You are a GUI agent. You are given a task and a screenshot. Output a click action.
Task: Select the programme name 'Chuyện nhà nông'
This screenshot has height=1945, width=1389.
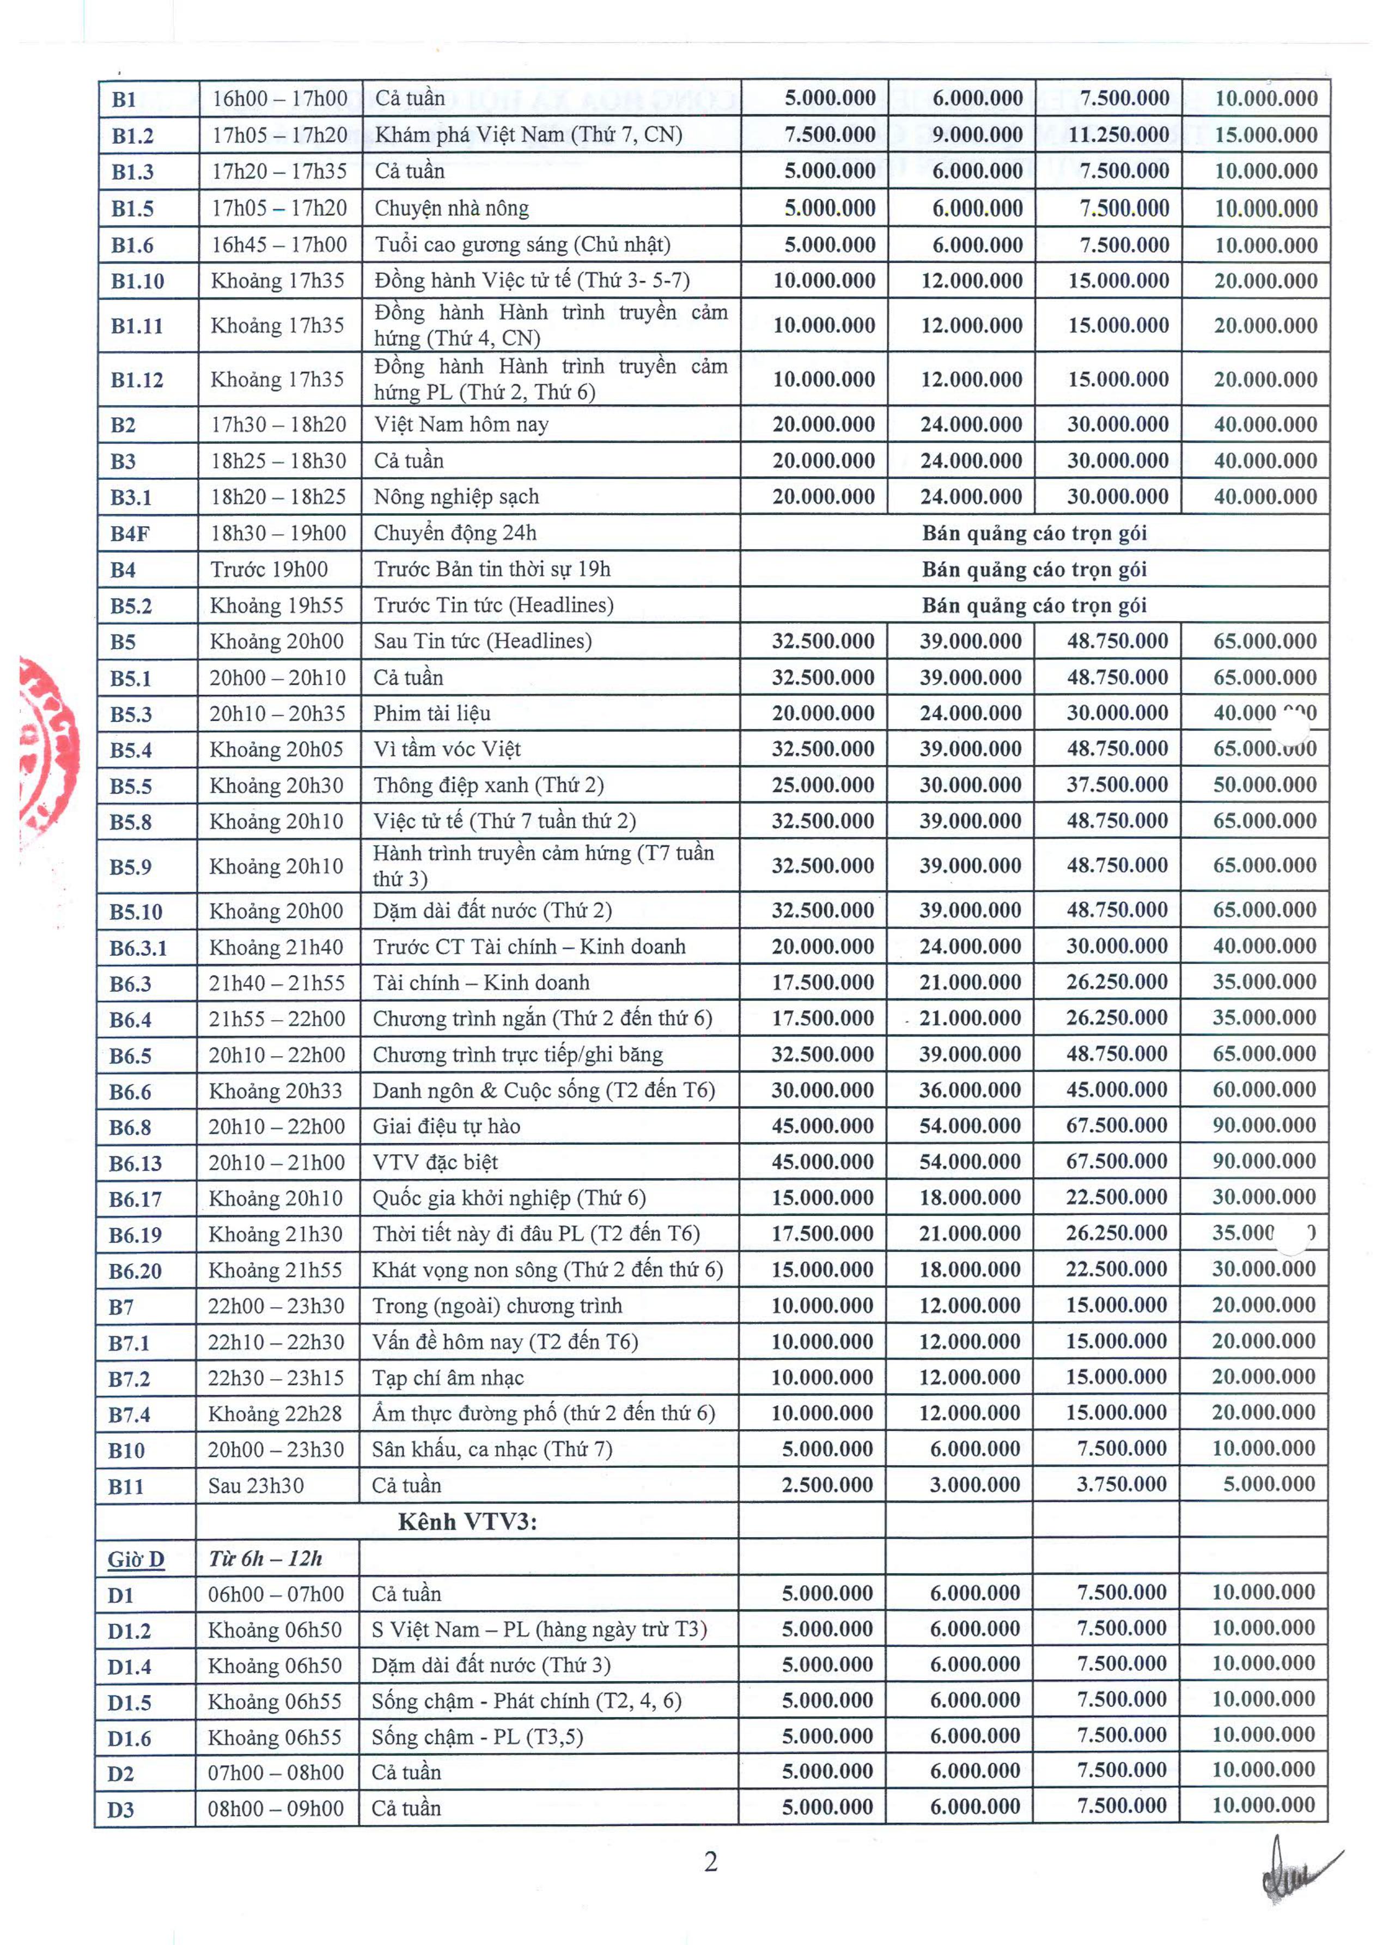point(452,209)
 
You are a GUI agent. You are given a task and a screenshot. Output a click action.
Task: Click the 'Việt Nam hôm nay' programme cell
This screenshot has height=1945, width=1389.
point(461,425)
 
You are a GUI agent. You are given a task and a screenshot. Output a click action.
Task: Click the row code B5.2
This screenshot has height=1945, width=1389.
point(131,606)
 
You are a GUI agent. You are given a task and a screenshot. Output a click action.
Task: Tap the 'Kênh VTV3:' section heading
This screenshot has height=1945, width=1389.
point(467,1522)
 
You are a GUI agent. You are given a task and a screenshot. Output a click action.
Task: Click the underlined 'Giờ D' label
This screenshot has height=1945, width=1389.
point(135,1559)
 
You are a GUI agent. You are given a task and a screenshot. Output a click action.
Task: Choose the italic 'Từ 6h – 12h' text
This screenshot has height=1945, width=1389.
point(265,1558)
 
